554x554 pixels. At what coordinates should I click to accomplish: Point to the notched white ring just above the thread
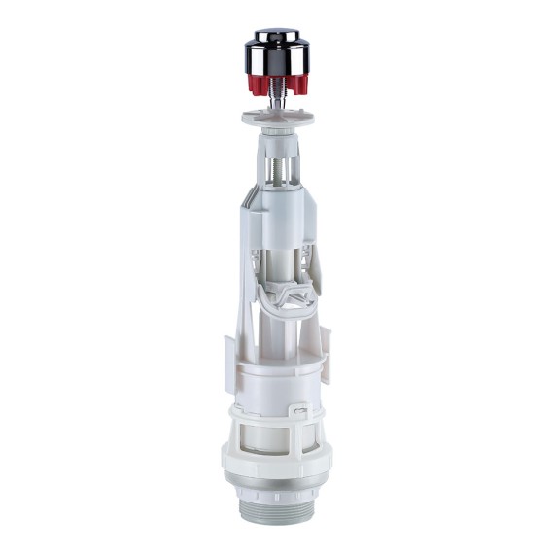coord(277,470)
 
